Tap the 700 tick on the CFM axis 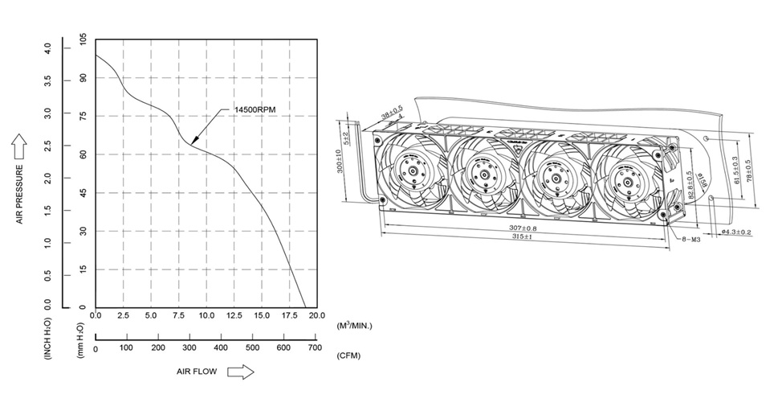[x=315, y=347]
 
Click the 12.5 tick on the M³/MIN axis [x=234, y=315]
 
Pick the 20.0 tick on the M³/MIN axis [x=316, y=315]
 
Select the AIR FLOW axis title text [x=198, y=372]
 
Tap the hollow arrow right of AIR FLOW [x=241, y=372]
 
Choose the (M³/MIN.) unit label [x=355, y=326]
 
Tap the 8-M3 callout [x=692, y=239]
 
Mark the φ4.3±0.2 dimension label [x=735, y=232]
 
